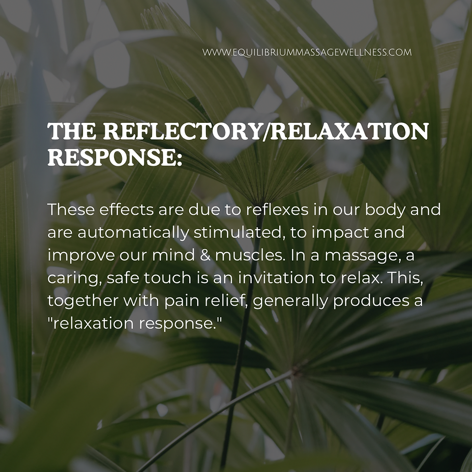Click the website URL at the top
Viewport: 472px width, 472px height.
tap(307, 53)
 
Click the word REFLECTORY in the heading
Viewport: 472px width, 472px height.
tap(182, 131)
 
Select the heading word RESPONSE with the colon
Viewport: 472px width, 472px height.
tap(115, 157)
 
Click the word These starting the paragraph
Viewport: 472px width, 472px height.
tap(71, 209)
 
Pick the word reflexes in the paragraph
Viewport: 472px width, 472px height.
tap(277, 209)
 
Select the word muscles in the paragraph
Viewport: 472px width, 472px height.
tap(250, 255)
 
